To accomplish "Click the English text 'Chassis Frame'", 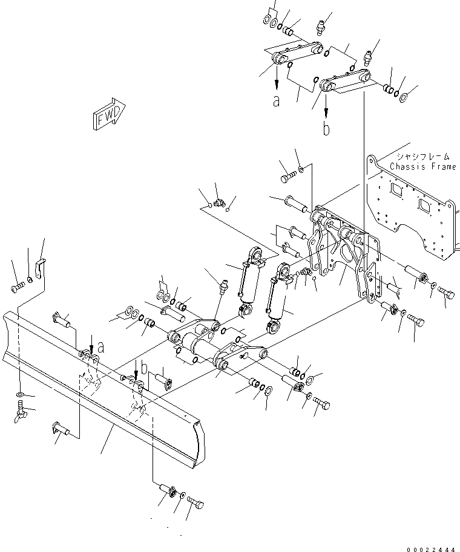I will pos(422,167).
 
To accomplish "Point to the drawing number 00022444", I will pos(432,549).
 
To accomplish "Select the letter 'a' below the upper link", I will pos(277,101).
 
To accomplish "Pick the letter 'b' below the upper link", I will pos(326,129).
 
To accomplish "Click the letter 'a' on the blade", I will pos(100,348).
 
